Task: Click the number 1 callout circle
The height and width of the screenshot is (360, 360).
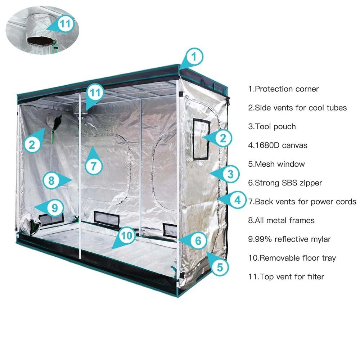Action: point(194,57)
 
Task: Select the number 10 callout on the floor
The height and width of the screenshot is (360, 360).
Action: point(127,235)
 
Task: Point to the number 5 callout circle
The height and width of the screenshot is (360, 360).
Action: point(220,267)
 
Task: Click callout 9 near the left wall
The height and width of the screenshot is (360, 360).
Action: point(55,208)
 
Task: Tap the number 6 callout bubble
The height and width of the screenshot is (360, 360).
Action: point(198,240)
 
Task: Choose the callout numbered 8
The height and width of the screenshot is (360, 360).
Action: point(51,180)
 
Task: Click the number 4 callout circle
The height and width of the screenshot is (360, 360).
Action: point(237,200)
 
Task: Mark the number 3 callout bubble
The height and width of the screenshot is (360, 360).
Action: point(230,174)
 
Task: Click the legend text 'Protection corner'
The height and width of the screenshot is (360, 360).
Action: point(287,89)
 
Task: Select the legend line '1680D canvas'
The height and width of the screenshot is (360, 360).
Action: point(281,145)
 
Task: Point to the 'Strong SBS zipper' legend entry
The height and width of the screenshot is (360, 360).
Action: point(288,183)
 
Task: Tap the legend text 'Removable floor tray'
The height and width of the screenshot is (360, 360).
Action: point(298,258)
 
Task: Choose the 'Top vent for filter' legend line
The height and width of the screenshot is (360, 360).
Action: point(292,277)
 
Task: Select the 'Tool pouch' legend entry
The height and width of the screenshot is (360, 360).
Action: point(275,127)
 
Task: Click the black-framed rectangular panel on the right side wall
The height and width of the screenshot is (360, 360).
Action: point(201,139)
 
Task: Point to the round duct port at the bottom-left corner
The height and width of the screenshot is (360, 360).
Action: point(30,224)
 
